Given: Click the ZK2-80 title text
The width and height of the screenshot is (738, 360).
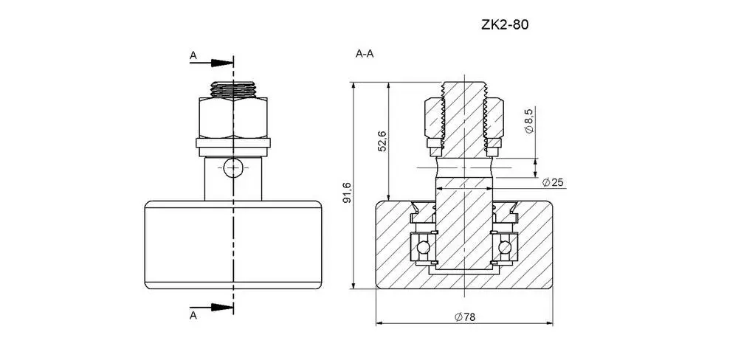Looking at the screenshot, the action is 505,25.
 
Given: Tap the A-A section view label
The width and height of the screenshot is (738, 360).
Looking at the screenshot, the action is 365,54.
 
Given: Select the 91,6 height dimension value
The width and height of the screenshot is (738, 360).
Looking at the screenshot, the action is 347,193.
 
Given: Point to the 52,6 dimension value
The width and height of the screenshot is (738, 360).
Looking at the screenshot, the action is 382,141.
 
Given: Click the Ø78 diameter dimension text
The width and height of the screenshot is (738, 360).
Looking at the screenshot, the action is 465,317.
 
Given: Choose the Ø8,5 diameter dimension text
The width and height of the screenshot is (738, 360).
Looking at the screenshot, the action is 528,121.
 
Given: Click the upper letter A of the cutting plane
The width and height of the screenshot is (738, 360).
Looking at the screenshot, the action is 193,55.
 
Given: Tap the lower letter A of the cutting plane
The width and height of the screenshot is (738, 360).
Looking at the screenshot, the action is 193,315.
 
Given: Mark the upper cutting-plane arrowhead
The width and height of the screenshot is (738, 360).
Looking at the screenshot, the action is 222,63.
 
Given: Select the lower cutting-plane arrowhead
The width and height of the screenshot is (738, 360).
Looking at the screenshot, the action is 222,308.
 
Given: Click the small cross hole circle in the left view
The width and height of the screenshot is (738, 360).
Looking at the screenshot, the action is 232,168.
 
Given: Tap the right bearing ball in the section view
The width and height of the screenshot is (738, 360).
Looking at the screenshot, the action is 505,247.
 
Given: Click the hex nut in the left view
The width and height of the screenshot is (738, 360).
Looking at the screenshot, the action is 233,117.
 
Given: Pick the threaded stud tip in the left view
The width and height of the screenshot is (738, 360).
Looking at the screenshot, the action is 233,89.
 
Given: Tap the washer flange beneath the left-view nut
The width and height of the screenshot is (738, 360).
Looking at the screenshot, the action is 233,148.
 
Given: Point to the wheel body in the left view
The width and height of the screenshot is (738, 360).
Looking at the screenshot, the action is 233,245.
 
